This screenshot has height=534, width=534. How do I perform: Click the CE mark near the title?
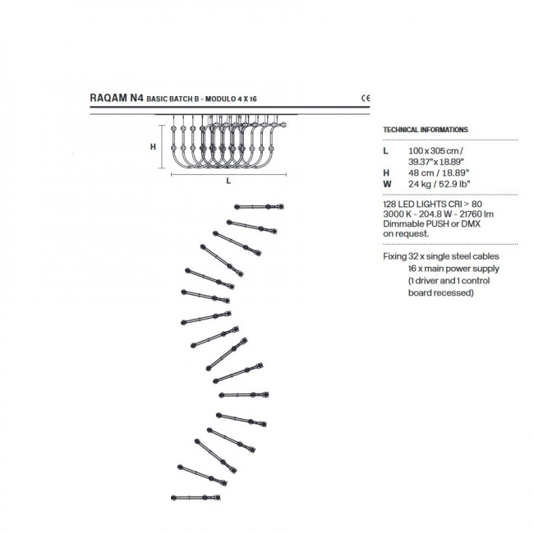click(x=366, y=98)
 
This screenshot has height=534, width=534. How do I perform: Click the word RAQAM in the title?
click(x=108, y=98)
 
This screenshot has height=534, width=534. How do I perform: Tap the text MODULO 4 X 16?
click(x=231, y=99)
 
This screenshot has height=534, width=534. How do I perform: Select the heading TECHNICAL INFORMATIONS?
click(x=426, y=130)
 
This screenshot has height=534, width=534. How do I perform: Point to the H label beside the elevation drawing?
click(x=154, y=147)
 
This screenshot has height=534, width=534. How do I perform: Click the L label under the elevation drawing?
click(x=228, y=181)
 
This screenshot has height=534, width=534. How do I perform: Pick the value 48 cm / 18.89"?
click(x=439, y=173)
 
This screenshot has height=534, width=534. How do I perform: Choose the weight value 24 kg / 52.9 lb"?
click(x=439, y=184)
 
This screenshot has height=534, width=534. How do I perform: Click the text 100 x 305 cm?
click(x=435, y=150)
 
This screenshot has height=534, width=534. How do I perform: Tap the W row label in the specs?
click(x=387, y=184)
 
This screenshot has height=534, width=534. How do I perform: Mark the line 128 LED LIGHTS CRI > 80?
click(x=432, y=205)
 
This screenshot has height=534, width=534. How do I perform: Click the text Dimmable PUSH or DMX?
click(x=431, y=223)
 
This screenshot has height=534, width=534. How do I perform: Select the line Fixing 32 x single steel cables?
click(x=441, y=256)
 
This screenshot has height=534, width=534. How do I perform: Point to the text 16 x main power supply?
click(x=453, y=269)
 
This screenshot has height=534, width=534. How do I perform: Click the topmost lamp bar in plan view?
click(x=259, y=206)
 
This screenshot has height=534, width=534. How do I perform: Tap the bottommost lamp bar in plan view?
click(x=196, y=498)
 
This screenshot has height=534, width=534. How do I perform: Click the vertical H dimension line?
click(x=162, y=146)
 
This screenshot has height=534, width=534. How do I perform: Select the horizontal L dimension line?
click(x=228, y=175)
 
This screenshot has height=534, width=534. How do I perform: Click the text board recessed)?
click(x=440, y=293)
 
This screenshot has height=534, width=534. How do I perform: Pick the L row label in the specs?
click(x=385, y=150)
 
